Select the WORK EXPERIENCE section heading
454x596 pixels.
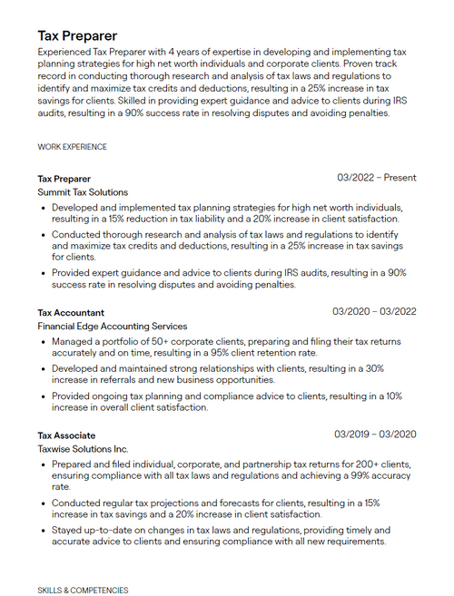click(x=72, y=147)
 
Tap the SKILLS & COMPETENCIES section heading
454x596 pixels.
click(x=83, y=590)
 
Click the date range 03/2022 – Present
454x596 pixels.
click(x=376, y=178)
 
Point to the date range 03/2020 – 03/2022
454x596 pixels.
click(x=374, y=312)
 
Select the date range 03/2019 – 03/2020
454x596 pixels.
click(x=375, y=435)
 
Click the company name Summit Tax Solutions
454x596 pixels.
click(x=83, y=192)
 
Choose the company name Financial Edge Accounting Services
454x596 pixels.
click(x=113, y=326)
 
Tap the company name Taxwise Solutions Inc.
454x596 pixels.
click(x=83, y=449)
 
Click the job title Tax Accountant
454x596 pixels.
click(x=71, y=312)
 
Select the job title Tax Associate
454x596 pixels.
click(x=66, y=435)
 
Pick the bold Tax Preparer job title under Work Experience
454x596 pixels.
click(x=64, y=179)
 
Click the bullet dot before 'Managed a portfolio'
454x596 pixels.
click(x=44, y=342)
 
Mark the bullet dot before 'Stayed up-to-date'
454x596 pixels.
click(x=44, y=531)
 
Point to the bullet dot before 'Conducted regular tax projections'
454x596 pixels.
click(x=44, y=503)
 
